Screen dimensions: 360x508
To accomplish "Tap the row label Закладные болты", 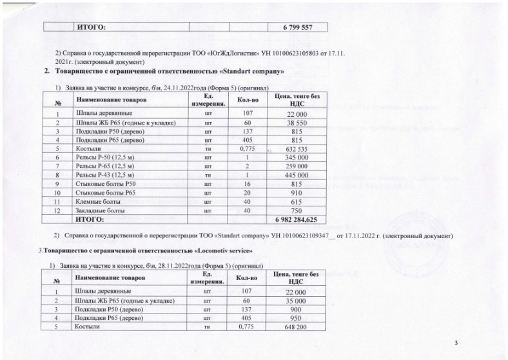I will click(99, 211).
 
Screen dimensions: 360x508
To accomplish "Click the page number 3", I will click(455, 343).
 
